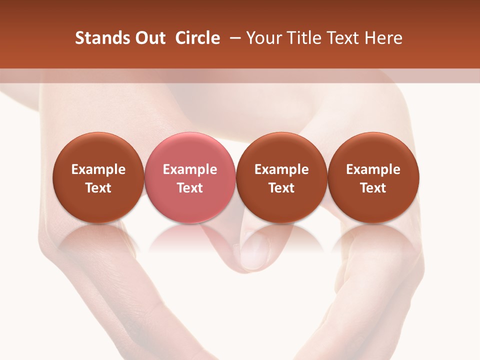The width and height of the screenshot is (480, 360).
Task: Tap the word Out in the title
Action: point(149,38)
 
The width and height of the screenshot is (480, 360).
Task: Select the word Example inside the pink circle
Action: point(190,169)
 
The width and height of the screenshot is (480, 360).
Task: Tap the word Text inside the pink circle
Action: point(190,188)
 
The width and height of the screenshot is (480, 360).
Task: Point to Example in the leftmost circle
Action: point(98,169)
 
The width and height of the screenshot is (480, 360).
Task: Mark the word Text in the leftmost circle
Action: point(98,188)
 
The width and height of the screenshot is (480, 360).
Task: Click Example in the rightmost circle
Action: point(373,169)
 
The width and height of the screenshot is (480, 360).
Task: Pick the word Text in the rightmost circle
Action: point(373,188)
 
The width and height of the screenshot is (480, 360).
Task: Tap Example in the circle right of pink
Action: point(281,169)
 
